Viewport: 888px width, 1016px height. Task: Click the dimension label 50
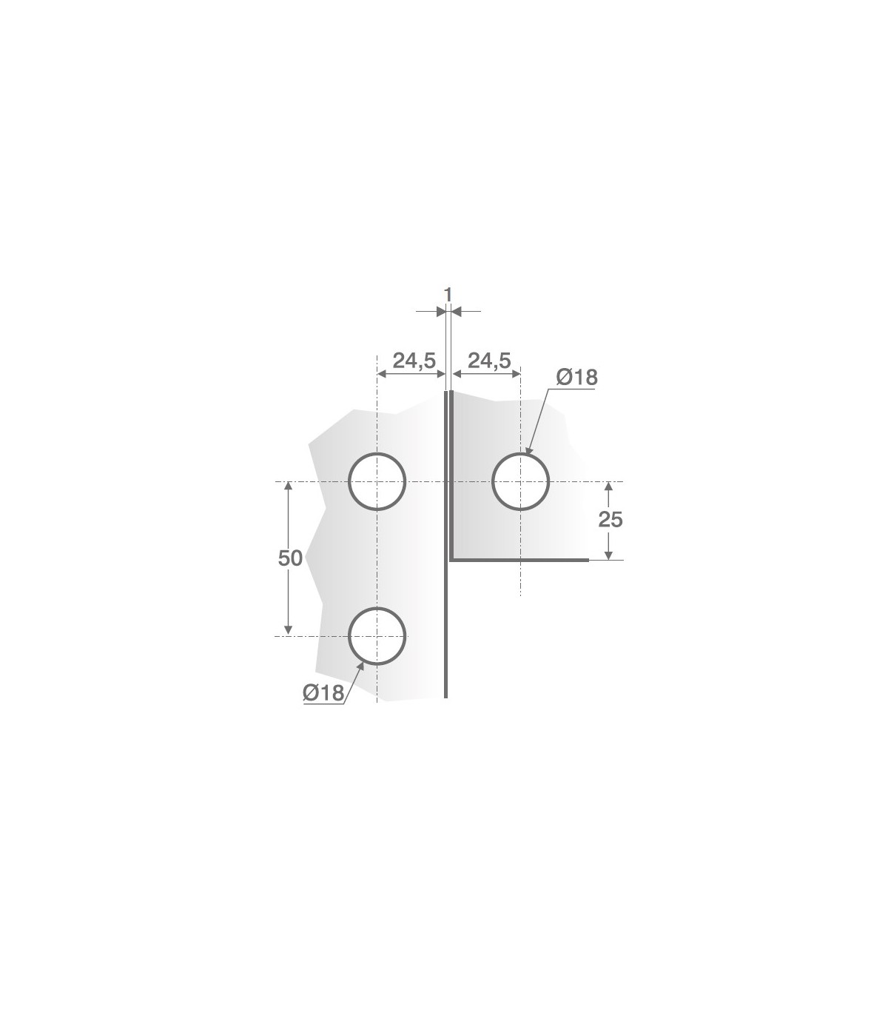tap(290, 558)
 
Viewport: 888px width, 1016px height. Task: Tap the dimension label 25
tap(610, 520)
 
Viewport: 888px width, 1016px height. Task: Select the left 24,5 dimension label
tap(414, 361)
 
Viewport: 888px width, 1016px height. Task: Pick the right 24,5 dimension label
tap(489, 361)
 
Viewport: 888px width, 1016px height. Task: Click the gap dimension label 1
tap(448, 295)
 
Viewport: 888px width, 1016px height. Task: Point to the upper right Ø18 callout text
tap(576, 378)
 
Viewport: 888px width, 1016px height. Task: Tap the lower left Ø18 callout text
tap(323, 693)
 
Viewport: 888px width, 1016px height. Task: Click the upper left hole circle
tap(377, 481)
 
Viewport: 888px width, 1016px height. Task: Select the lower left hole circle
tap(377, 636)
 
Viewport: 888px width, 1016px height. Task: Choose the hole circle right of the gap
tap(521, 481)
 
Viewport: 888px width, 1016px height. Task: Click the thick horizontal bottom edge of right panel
tap(518, 560)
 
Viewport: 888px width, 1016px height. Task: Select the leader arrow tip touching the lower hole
tap(362, 664)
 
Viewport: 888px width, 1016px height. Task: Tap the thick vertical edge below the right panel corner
tap(446, 629)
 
